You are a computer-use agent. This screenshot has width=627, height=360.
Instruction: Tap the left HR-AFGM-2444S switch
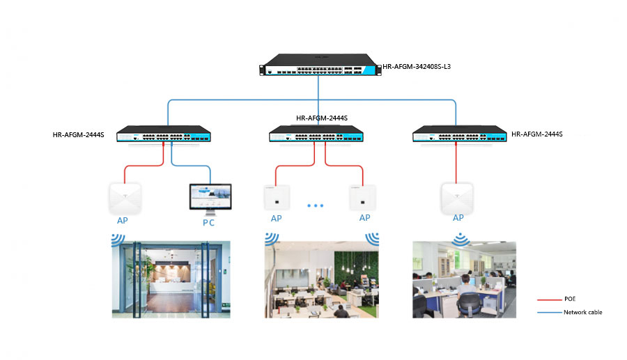tap(164, 134)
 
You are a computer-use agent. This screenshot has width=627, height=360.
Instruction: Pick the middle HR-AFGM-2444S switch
tap(318, 134)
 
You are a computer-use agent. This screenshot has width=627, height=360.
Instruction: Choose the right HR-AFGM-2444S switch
tap(460, 134)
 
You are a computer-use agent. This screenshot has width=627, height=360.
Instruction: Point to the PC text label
tap(208, 223)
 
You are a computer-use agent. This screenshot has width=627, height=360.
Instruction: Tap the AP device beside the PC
tap(125, 198)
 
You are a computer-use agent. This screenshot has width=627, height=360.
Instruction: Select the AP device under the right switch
tap(456, 198)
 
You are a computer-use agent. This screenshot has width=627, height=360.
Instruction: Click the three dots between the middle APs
tap(316, 206)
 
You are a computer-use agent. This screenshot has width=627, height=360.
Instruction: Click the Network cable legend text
tap(582, 313)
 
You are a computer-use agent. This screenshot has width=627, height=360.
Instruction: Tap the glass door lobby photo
tap(170, 279)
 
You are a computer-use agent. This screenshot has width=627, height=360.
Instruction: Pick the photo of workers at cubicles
tap(464, 279)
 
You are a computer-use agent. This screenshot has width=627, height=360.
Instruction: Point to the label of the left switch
tap(78, 134)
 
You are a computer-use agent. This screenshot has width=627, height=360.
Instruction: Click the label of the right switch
tap(536, 134)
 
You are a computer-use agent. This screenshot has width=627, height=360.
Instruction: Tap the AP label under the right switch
tap(458, 218)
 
